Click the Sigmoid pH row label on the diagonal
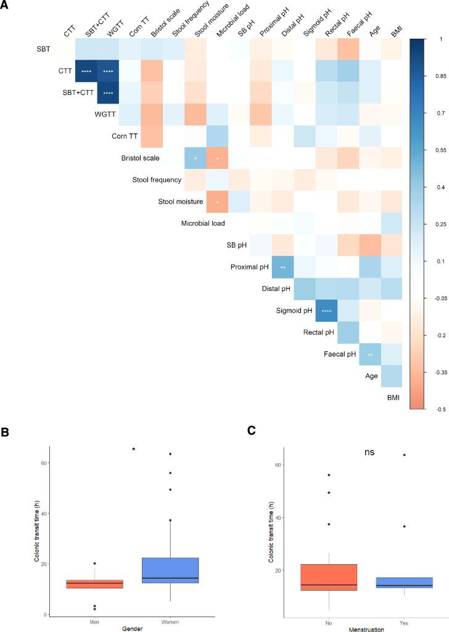click(295, 311)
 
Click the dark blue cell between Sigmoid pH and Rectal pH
click(326, 311)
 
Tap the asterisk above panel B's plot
click(134, 449)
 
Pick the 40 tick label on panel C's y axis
click(279, 517)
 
